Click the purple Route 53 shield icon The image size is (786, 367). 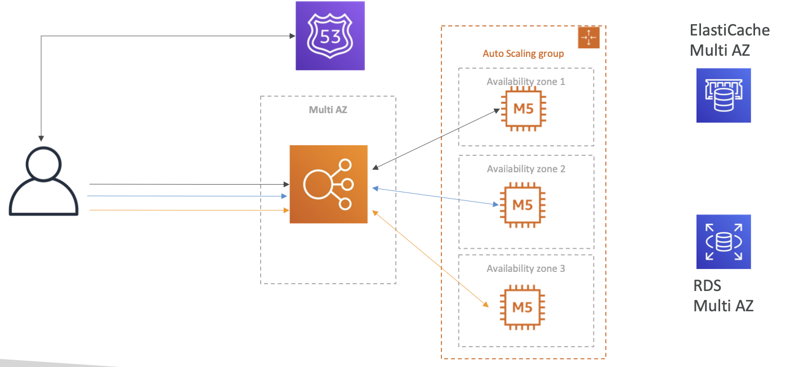click(330, 35)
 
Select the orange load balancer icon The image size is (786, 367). click(328, 184)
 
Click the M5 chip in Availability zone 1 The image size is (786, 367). click(523, 109)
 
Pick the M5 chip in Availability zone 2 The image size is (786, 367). click(522, 205)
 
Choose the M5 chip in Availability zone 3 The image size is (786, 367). click(522, 307)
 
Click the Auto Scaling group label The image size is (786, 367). click(523, 53)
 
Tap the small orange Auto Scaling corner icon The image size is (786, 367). click(588, 37)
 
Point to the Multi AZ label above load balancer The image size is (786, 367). click(328, 110)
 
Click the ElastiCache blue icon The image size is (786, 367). click(724, 96)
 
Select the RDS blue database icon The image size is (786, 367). click(724, 241)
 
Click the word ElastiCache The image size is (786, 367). click(730, 30)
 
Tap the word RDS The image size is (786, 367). click(707, 285)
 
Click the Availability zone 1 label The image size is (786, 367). click(526, 82)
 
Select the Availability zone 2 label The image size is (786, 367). click(526, 169)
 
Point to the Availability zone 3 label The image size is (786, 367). click(526, 268)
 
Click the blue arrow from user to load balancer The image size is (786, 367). click(187, 196)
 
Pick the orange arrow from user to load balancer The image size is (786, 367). click(190, 210)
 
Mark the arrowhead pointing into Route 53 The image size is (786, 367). click(292, 36)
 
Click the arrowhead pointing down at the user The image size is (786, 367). click(41, 138)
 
